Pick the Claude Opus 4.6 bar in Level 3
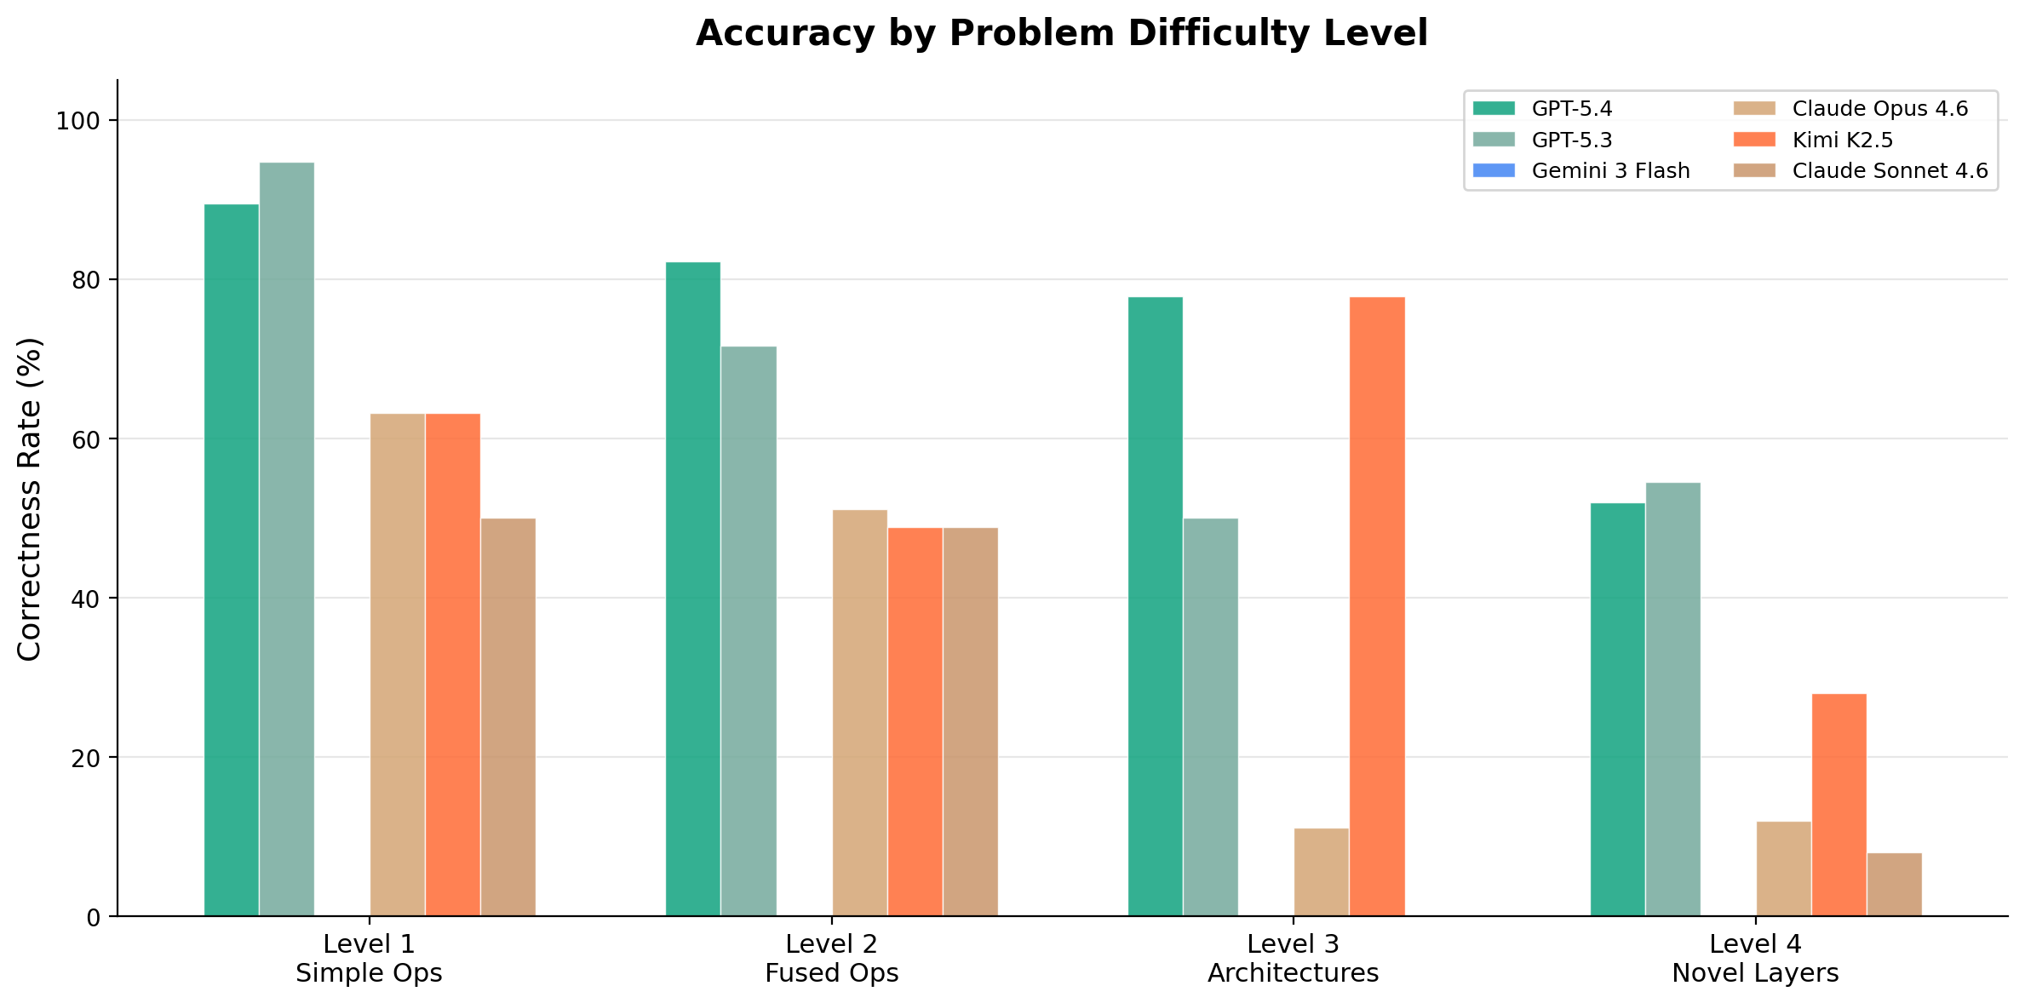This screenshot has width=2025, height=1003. [1321, 872]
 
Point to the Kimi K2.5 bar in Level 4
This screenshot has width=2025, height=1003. [1839, 805]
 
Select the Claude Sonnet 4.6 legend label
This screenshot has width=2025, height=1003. [1890, 171]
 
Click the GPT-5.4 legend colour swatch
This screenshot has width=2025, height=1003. [1494, 109]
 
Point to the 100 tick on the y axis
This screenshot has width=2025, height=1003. [77, 121]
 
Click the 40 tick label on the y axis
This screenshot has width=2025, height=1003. [85, 599]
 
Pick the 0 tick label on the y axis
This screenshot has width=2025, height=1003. [93, 918]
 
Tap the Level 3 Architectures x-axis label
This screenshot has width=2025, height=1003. [1293, 958]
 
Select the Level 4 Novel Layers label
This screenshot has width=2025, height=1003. [1755, 958]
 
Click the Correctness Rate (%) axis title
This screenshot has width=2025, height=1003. [30, 499]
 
